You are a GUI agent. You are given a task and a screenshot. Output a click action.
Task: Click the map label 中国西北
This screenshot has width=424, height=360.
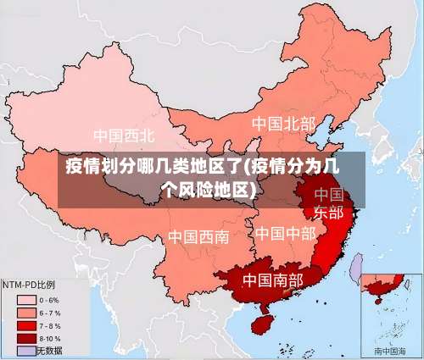coord(124,136)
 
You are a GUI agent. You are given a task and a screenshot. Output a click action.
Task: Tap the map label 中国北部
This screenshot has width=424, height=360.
coord(283,125)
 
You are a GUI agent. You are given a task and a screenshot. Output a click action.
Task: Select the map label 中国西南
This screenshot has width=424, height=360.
coord(198,236)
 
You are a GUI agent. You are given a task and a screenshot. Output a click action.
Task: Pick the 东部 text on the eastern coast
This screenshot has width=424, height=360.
coord(329,212)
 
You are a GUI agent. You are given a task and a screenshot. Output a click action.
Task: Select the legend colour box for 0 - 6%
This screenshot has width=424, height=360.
coord(26,300)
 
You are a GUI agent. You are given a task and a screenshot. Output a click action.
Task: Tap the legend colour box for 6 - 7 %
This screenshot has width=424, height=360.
coord(26,313)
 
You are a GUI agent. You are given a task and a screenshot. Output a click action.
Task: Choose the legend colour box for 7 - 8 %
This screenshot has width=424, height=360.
coord(26,325)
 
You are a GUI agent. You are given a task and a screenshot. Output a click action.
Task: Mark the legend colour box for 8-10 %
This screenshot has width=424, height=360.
coord(26,338)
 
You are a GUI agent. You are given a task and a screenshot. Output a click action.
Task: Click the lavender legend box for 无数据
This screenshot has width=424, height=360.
coord(26,350)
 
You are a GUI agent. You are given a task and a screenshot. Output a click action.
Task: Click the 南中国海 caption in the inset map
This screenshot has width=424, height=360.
coord(390,350)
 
